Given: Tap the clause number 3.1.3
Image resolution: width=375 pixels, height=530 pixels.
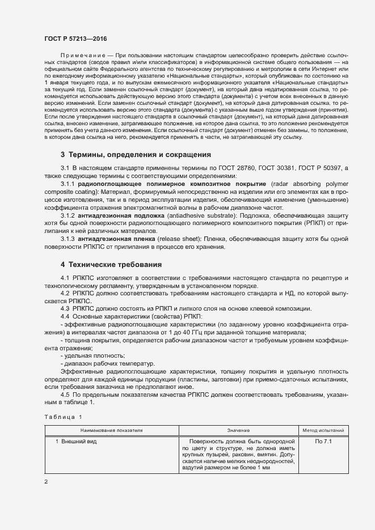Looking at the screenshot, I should pyautogui.click(x=68, y=239).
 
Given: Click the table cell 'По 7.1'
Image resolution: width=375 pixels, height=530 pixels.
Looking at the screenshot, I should pyautogui.click(x=323, y=441).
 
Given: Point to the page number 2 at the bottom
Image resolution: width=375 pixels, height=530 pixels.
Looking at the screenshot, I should pyautogui.click(x=47, y=482).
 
